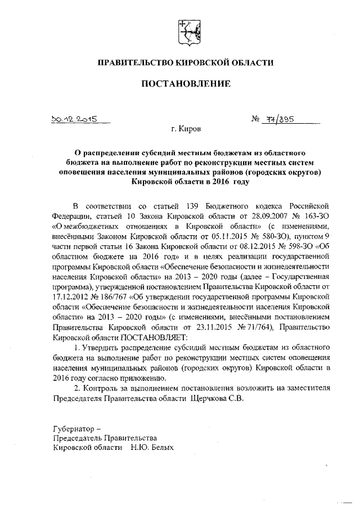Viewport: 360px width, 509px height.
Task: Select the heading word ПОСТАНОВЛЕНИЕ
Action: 186,84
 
